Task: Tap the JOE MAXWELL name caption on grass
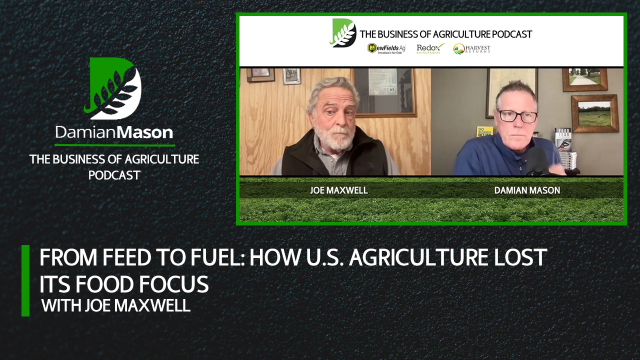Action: tap(332, 190)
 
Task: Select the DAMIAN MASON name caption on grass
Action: tap(526, 190)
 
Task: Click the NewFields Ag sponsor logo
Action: tap(386, 48)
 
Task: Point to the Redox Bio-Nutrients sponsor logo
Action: tap(430, 48)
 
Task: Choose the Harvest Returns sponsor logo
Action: tap(471, 48)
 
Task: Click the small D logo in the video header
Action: tap(343, 33)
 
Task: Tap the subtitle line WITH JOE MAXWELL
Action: tap(116, 305)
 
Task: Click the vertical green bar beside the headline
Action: tap(25, 280)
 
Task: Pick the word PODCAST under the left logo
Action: tap(114, 175)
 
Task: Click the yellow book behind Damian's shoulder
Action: tap(484, 131)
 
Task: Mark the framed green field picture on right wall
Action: tap(594, 113)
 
